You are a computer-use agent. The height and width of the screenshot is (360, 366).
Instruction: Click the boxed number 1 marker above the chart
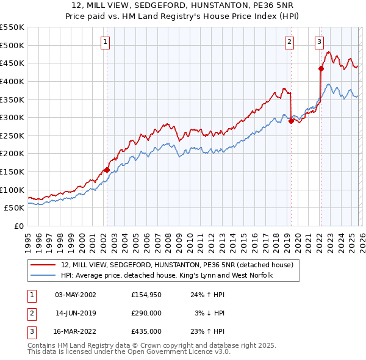click(106, 42)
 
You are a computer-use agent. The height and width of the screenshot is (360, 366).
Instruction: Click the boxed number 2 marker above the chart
click(289, 42)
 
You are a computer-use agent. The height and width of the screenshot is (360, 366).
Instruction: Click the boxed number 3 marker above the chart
click(319, 42)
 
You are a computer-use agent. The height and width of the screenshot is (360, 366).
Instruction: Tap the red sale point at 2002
click(107, 170)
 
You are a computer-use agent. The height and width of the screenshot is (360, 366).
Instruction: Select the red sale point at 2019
click(291, 121)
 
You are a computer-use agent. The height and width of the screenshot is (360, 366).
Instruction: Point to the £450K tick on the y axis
click(12, 63)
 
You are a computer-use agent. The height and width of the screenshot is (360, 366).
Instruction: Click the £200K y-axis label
click(12, 153)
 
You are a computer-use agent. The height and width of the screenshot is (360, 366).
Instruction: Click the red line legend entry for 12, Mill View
click(177, 265)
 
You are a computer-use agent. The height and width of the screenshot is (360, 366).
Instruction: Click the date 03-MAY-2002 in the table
click(75, 295)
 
